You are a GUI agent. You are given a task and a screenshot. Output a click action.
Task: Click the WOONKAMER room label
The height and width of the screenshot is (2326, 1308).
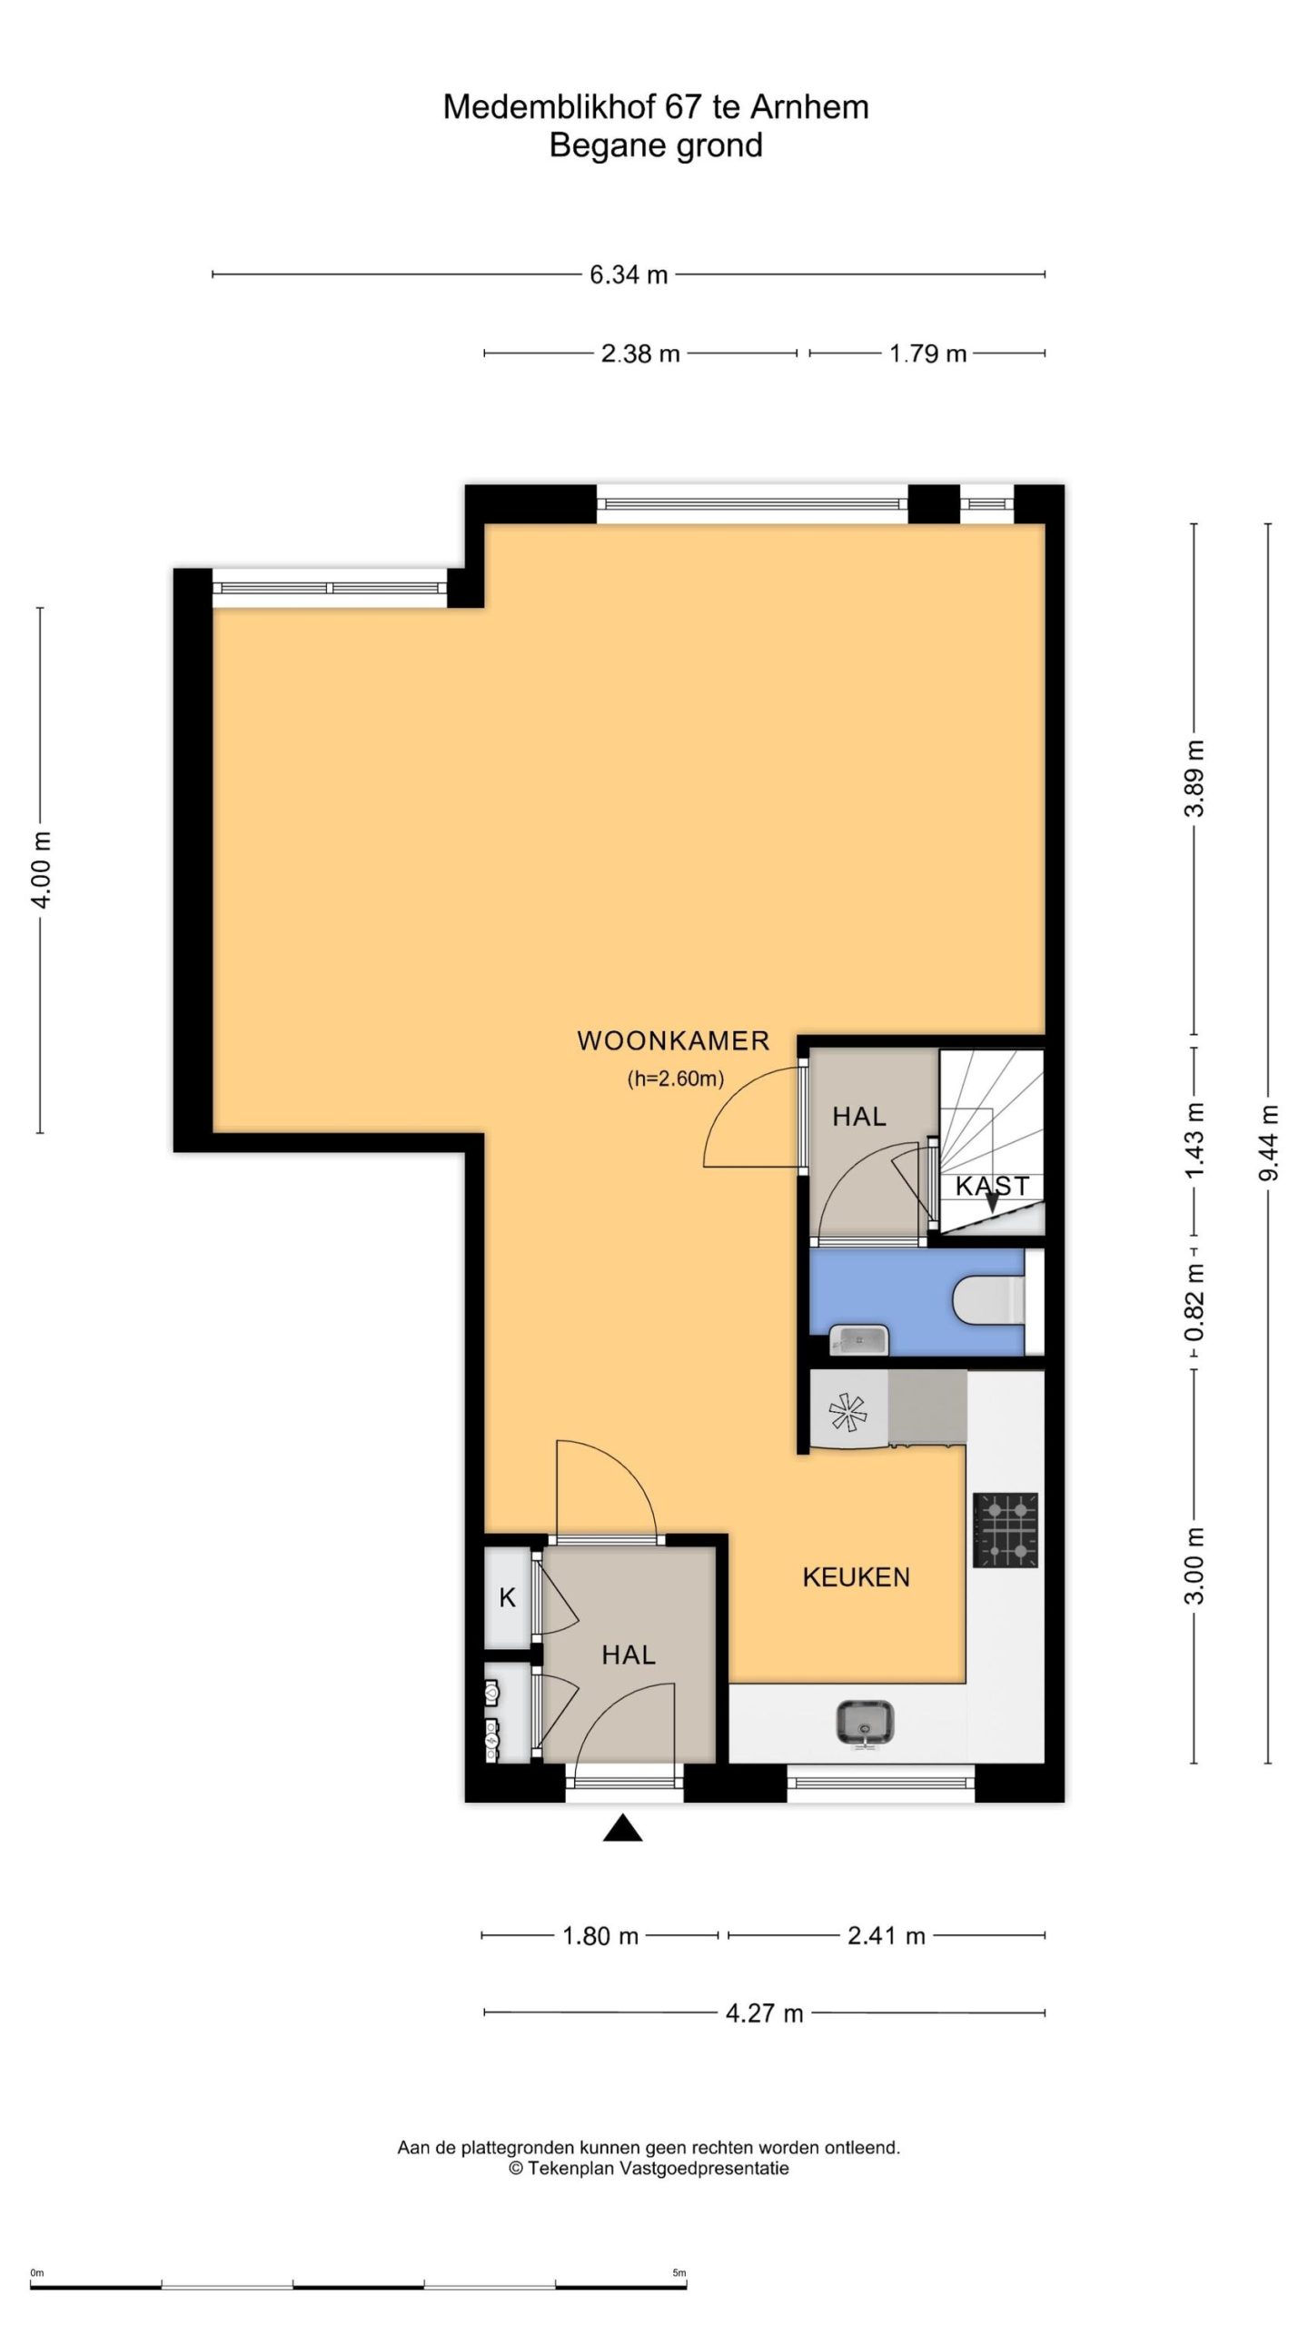(673, 1040)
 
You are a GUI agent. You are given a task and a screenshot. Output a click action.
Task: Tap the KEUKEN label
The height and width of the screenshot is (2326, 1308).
(856, 1576)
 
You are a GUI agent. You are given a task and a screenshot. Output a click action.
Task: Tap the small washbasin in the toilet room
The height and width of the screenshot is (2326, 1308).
(857, 1339)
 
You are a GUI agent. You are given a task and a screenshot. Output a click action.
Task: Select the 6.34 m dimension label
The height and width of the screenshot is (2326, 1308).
(629, 274)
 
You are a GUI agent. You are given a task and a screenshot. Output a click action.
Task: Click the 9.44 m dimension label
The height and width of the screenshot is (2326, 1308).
(1268, 1142)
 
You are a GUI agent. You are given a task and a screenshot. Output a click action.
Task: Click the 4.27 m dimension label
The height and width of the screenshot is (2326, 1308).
(764, 2013)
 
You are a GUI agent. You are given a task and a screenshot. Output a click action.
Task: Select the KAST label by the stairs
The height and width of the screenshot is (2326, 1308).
(992, 1186)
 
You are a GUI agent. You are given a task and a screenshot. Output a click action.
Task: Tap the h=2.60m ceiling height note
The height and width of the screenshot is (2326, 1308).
(675, 1079)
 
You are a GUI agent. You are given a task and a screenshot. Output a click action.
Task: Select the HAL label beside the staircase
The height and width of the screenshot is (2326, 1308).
(859, 1116)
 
